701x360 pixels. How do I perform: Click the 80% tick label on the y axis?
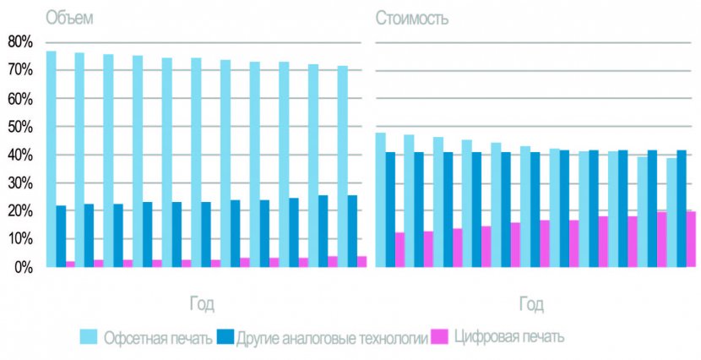[x=19, y=41]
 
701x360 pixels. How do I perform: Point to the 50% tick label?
[x=19, y=127]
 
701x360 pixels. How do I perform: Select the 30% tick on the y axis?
[x=19, y=183]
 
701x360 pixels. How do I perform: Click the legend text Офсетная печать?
[x=158, y=338]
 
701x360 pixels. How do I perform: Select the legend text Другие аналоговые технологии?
[x=333, y=338]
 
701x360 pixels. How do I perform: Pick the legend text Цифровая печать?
[x=509, y=338]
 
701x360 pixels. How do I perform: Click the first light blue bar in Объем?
[x=51, y=159]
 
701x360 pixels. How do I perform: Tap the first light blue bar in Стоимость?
[x=380, y=199]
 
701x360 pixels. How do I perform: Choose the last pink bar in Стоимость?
[x=691, y=239]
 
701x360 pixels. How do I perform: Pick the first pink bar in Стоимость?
[x=399, y=249]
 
